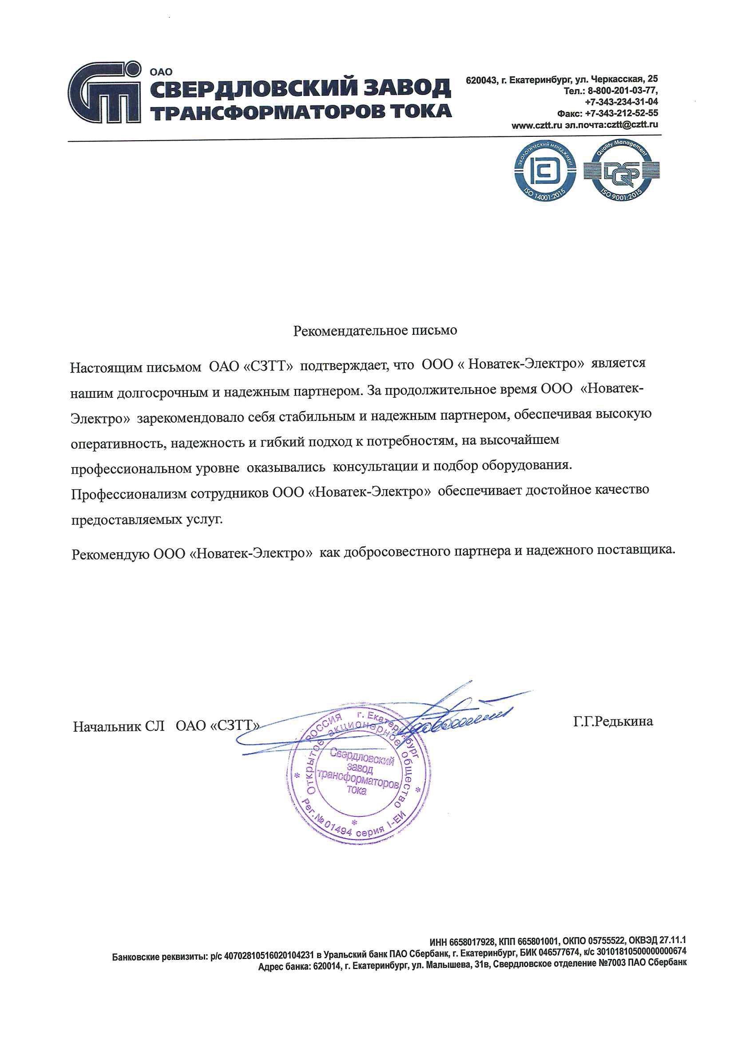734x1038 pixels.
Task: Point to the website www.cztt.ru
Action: pyautogui.click(x=537, y=125)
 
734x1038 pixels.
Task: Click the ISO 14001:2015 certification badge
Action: pyautogui.click(x=547, y=171)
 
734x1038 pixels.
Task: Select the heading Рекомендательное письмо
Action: pyautogui.click(x=375, y=330)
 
